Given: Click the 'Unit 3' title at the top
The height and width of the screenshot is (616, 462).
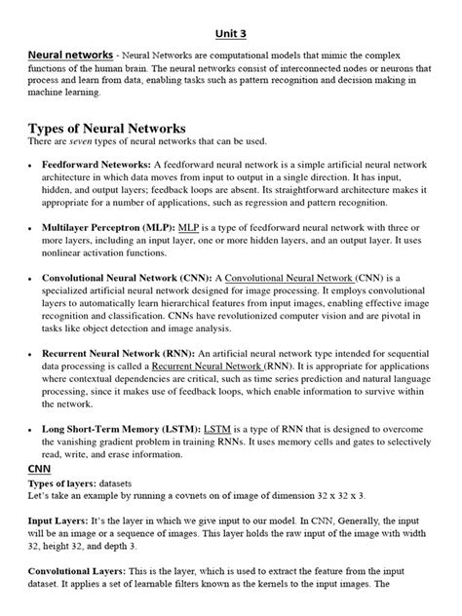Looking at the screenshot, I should point(231,30).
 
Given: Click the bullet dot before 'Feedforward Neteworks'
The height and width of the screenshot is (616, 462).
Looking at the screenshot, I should point(32,168).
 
